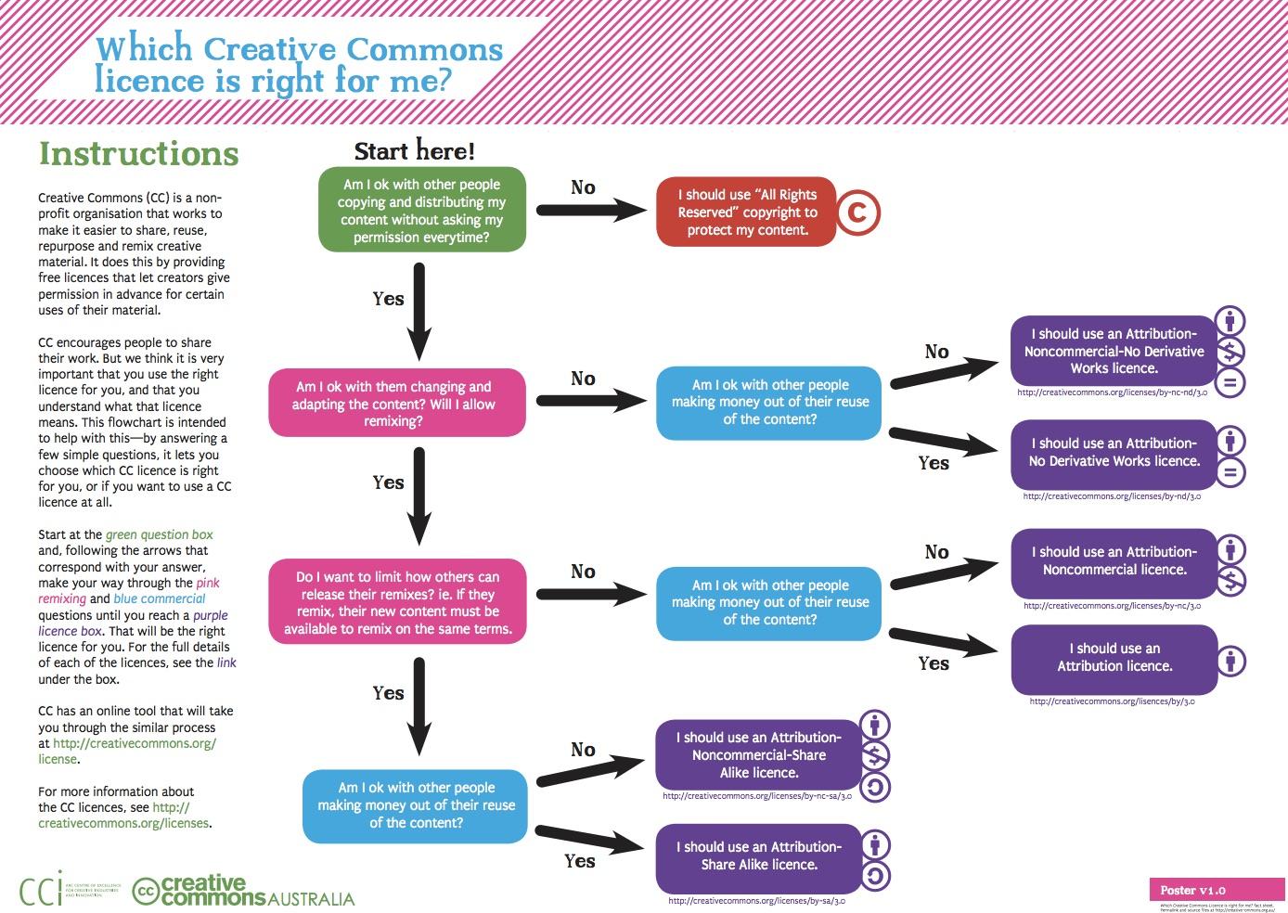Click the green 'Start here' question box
422,211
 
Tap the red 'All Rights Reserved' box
746,212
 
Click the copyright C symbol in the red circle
857,212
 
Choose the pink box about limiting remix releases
397,602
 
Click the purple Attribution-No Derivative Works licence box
1114,453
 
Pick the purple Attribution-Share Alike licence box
758,855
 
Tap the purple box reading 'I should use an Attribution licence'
1114,658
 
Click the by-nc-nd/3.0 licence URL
1112,392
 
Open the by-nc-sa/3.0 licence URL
757,796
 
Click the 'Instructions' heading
138,154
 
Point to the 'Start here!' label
414,150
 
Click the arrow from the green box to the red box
591,211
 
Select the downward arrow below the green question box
419,311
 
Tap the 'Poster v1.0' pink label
1192,890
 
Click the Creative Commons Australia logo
243,891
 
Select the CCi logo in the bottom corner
42,889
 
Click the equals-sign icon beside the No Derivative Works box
1230,471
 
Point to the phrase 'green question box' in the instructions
159,534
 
